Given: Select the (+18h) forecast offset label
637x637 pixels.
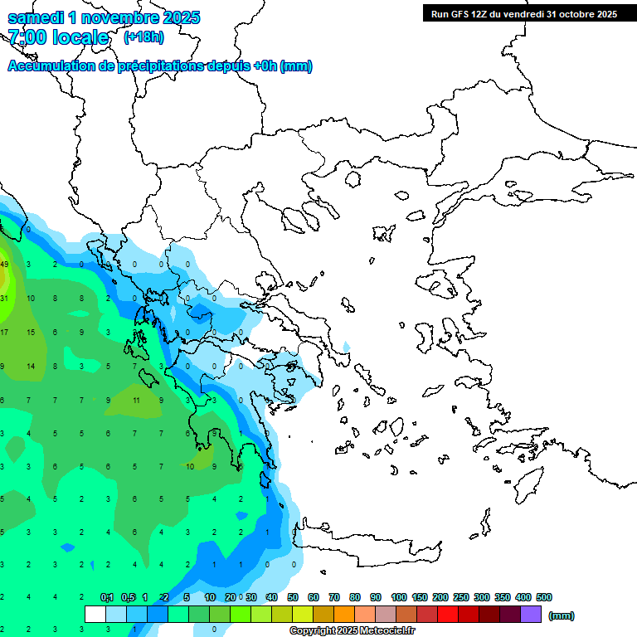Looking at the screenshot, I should coord(143,36).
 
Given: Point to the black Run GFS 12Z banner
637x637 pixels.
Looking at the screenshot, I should coord(523,13).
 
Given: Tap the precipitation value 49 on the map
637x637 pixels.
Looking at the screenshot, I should coord(4,265).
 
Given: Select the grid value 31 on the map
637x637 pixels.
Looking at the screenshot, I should coord(4,299).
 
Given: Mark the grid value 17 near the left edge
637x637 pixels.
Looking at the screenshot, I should coord(4,333).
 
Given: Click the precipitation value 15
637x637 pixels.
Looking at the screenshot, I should coord(31,333).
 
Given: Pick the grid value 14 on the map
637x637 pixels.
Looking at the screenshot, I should coord(31,366).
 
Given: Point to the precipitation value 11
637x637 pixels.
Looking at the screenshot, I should coord(137,400).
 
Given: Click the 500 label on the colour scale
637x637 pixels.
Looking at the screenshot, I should coord(543,597).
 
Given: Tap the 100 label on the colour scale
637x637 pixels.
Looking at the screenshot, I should coord(398,597).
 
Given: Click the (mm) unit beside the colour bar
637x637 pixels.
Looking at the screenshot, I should coord(562,615).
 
